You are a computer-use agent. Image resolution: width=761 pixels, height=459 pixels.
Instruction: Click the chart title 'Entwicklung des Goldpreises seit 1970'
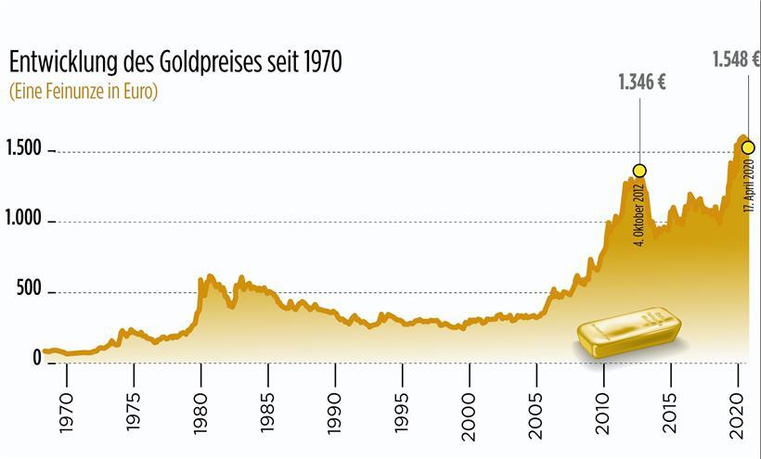[175, 63]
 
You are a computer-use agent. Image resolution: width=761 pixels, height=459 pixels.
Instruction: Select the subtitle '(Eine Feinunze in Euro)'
[84, 92]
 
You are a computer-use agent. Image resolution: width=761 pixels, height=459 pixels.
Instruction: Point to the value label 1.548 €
[736, 60]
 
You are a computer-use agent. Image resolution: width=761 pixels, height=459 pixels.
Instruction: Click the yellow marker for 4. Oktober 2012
[639, 171]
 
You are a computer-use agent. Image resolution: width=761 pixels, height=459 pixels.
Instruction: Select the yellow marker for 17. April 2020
[748, 147]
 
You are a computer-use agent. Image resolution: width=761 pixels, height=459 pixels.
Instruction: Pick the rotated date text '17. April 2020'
[748, 185]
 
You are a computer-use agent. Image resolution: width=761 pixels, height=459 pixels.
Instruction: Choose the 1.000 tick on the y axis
[24, 221]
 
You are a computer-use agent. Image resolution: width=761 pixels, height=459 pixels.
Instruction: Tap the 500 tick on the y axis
[28, 290]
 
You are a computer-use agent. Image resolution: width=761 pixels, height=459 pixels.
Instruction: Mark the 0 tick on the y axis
[37, 359]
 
